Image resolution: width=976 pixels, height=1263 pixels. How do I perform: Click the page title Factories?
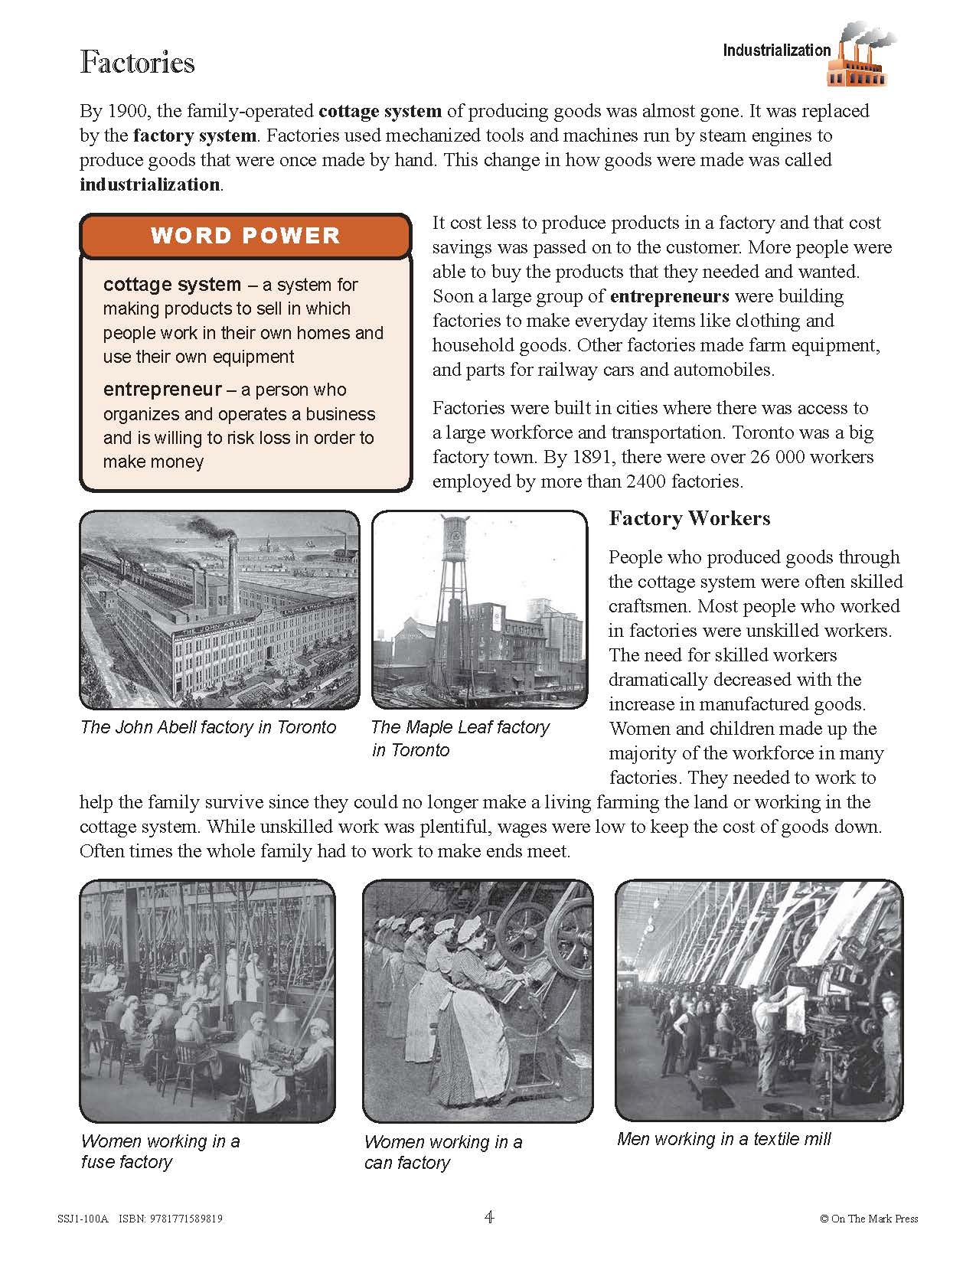(137, 63)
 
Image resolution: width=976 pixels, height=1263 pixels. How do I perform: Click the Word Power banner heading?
(245, 235)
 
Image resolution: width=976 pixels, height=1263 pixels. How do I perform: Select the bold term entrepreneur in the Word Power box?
(162, 390)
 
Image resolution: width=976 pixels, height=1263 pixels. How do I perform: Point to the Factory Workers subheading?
(689, 518)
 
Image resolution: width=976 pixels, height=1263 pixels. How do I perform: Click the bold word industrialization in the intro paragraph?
(149, 184)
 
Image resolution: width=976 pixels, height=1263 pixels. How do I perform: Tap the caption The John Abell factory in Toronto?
(208, 727)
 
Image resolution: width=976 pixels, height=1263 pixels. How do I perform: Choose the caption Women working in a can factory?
(442, 1152)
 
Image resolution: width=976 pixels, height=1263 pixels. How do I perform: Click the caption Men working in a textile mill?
(723, 1139)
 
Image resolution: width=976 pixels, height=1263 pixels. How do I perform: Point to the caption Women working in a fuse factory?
(160, 1151)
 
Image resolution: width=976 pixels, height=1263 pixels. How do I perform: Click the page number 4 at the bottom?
(489, 1217)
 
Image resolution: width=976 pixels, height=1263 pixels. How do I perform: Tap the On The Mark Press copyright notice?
(868, 1219)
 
